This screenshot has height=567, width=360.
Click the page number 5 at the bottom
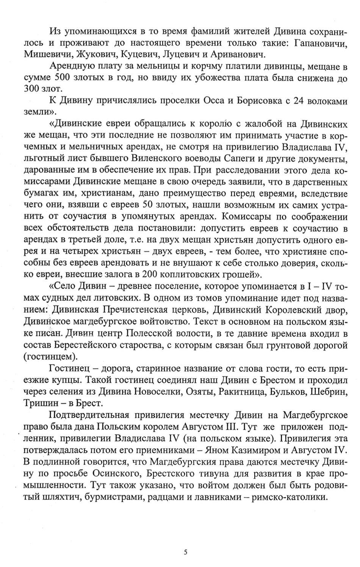(x=186, y=551)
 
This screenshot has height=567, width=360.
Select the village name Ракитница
(x=236, y=391)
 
